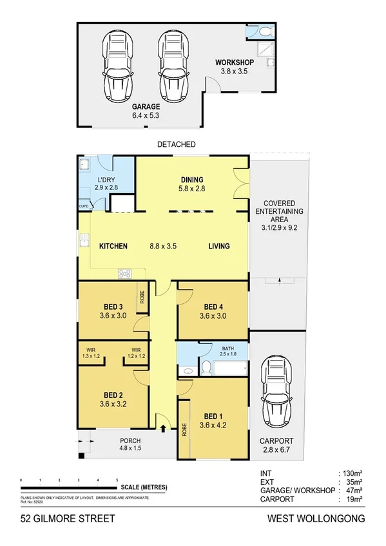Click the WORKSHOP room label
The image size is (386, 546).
click(x=233, y=63)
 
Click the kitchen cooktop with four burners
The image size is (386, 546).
click(x=124, y=274)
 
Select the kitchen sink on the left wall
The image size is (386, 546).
click(x=83, y=241)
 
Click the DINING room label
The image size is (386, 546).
click(x=192, y=180)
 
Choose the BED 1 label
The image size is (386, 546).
click(x=213, y=415)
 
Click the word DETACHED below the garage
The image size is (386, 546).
click(x=176, y=144)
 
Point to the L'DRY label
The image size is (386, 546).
click(x=105, y=180)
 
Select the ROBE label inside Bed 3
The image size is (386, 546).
click(x=141, y=297)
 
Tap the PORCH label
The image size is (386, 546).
click(x=130, y=441)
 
